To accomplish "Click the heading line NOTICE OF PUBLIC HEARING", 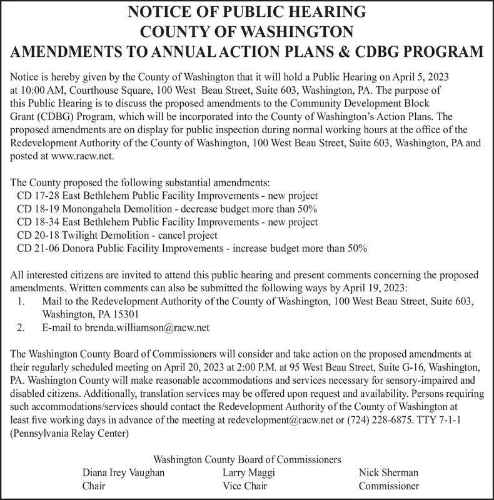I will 246,11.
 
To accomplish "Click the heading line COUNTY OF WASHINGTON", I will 246,31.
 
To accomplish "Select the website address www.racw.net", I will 82,155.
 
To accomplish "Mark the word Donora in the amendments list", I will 84,249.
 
